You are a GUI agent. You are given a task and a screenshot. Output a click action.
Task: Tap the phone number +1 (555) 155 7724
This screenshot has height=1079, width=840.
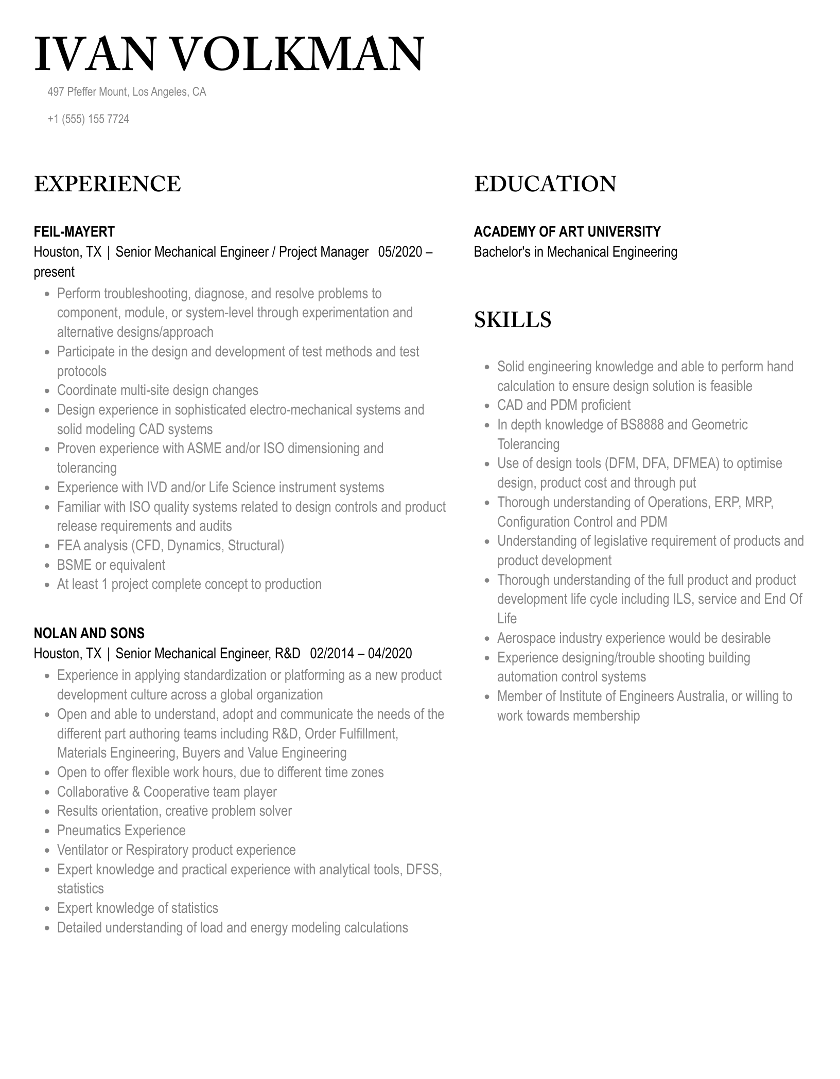tap(88, 119)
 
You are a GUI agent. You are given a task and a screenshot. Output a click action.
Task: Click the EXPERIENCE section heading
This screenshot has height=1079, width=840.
tap(107, 184)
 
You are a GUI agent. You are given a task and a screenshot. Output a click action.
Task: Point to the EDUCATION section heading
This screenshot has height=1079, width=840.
tap(545, 184)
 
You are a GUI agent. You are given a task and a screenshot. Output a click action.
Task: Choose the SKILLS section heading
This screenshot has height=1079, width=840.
tap(512, 320)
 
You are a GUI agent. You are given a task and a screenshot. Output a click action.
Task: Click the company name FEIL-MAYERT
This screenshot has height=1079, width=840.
tap(74, 231)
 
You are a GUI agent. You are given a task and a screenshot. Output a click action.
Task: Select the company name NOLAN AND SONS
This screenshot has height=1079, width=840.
tap(89, 633)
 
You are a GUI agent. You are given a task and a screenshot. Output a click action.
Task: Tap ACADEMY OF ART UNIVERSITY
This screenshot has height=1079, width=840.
tap(567, 231)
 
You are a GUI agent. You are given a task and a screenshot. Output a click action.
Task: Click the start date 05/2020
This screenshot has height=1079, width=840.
tap(400, 252)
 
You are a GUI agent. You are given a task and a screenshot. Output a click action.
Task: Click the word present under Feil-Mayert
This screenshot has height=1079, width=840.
tap(54, 272)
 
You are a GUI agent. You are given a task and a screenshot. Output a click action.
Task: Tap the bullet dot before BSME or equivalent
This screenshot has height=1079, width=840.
tap(47, 566)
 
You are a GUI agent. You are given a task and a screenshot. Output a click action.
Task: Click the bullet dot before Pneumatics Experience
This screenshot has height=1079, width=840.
tap(47, 831)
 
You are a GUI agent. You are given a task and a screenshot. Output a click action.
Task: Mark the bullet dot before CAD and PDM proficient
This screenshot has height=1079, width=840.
tap(487, 406)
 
